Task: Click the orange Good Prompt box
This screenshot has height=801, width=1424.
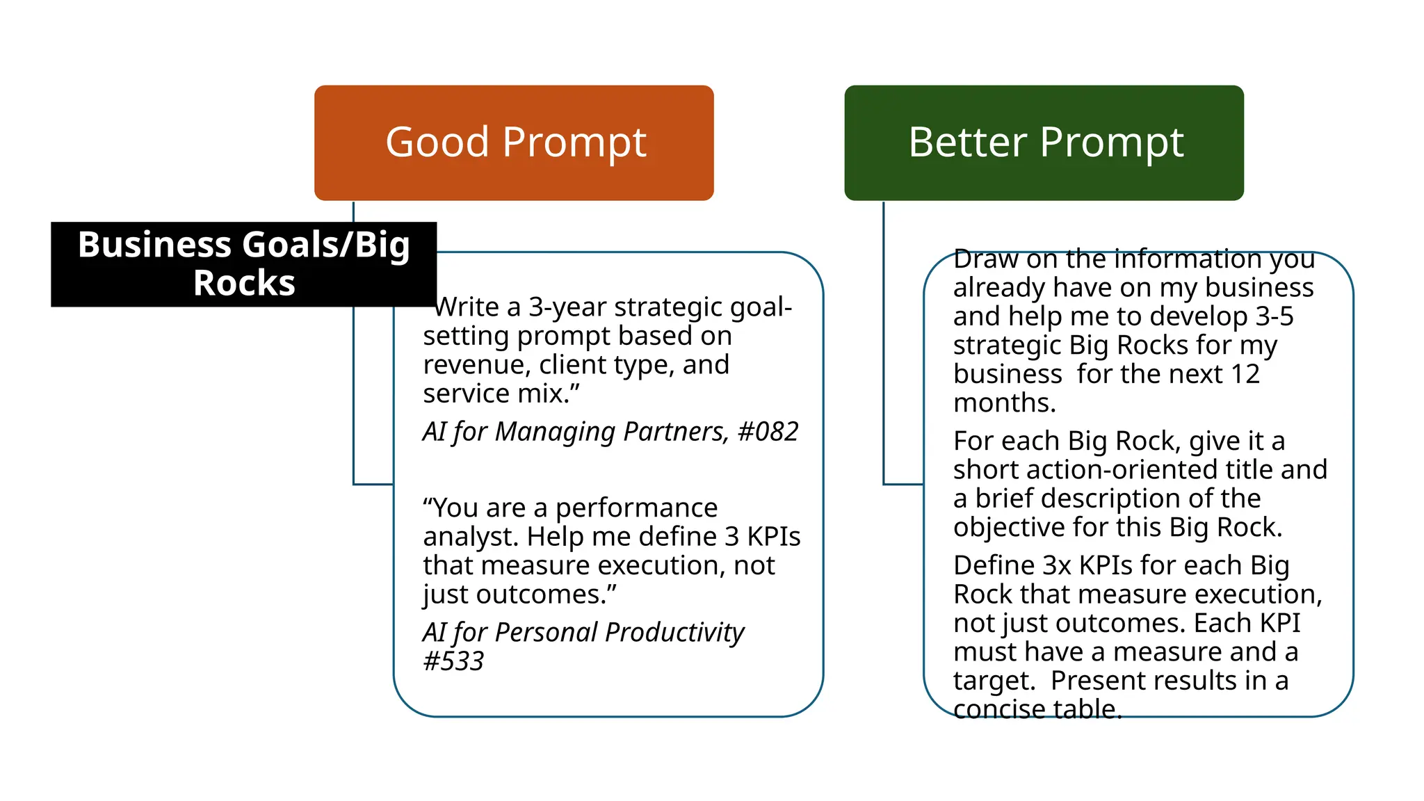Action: point(514,143)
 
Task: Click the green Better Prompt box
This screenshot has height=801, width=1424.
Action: point(1044,143)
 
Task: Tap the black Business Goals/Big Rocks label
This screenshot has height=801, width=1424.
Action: point(243,264)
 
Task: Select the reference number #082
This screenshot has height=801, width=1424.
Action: point(768,432)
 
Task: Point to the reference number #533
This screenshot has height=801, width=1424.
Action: point(453,661)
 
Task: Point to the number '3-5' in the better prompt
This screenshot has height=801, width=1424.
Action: point(1274,316)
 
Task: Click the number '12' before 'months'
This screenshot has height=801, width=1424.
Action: point(1245,374)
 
